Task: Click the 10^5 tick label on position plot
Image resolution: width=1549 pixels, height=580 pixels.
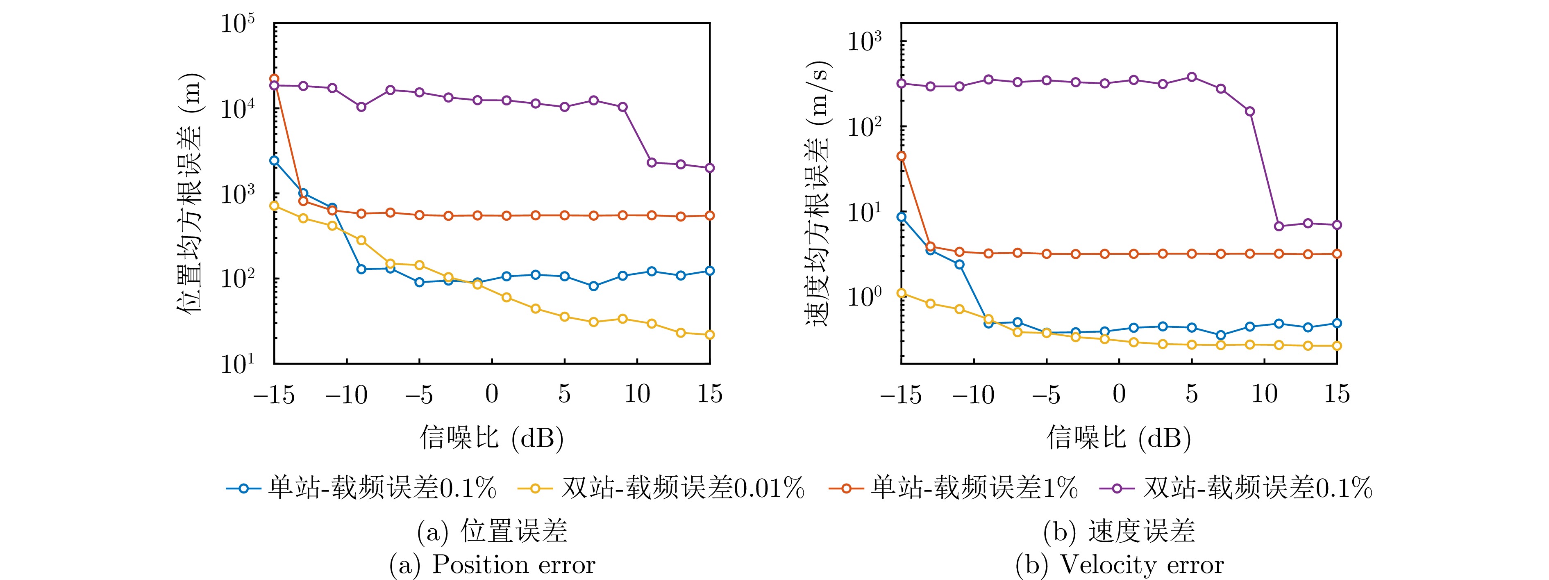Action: click(x=238, y=24)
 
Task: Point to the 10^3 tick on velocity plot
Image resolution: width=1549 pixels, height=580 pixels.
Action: click(x=864, y=41)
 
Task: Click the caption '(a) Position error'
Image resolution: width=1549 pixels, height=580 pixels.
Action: click(x=492, y=565)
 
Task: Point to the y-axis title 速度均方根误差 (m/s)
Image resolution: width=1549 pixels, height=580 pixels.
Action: click(x=818, y=192)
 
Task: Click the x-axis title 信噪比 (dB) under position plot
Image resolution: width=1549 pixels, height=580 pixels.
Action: click(x=492, y=437)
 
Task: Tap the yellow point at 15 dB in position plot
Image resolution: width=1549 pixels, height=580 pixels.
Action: click(x=710, y=335)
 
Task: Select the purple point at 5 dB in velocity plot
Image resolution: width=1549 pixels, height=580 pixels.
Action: click(x=1192, y=77)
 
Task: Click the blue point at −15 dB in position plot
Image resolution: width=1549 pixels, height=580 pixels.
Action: click(x=274, y=161)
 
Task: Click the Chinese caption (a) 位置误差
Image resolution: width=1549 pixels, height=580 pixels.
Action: click(x=492, y=531)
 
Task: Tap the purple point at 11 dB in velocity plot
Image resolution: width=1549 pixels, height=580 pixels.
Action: click(x=1279, y=226)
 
